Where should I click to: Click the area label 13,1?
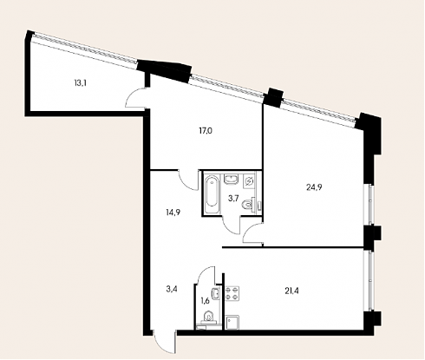81,83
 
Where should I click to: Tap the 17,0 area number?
206,131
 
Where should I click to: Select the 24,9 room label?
314,187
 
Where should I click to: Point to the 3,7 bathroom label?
233,199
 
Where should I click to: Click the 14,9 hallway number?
173,213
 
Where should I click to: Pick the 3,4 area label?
172,289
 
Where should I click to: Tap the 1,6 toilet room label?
205,301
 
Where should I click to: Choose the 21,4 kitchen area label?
291,291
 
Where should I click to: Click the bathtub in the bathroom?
212,193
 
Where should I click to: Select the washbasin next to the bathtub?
231,179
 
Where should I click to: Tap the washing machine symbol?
249,181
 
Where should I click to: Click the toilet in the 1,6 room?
208,318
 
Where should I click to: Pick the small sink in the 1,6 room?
215,294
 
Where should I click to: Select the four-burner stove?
232,293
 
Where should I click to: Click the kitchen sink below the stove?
232,323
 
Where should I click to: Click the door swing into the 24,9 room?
252,233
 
